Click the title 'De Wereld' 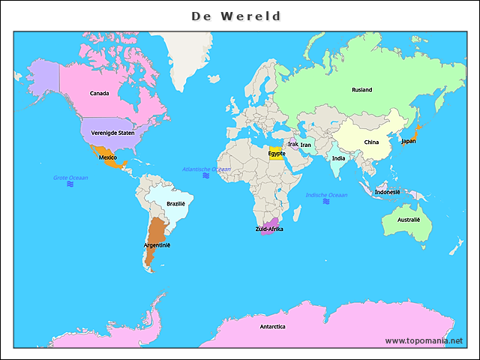coord(236,16)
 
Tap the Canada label coord(99,94)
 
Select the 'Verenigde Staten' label coord(112,133)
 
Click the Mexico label coord(107,157)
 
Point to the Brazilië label coord(175,203)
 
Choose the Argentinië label coord(157,245)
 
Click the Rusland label coord(361,90)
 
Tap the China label coord(371,142)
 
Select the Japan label coord(408,141)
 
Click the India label coord(339,158)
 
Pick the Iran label coord(306,145)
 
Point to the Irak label coord(293,144)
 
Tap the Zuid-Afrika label coord(269,229)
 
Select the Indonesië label coord(388,192)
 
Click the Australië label coord(409,220)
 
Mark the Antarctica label coord(272,327)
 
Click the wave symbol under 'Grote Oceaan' coord(70,183)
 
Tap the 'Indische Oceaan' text coord(326,195)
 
